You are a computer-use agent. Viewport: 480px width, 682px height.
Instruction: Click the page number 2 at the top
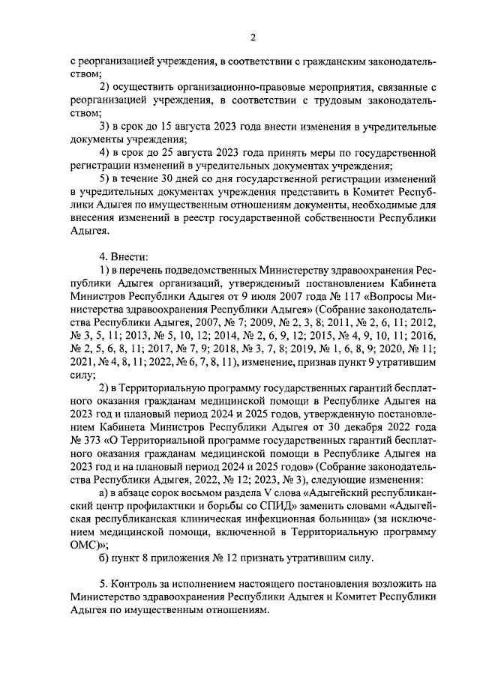(253, 37)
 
